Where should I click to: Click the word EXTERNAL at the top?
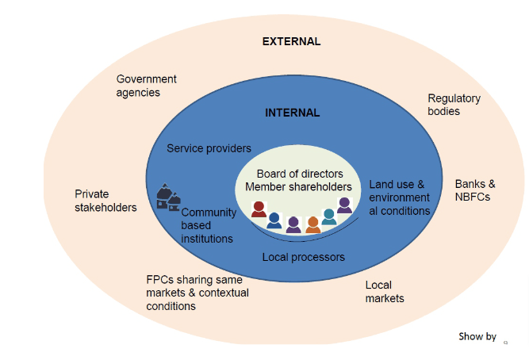291,41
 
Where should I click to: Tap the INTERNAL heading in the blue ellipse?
292,113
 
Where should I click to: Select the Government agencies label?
146,86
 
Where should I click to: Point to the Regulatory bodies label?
454,105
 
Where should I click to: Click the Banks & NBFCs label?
475,190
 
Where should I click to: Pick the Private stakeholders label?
105,201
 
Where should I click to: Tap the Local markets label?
384,292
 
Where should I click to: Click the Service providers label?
209,148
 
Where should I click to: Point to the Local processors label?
304,257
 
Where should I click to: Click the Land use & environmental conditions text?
399,197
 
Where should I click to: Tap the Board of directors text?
300,174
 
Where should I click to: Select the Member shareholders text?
298,187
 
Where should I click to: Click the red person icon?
259,209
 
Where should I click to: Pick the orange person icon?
312,225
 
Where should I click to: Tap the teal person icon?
328,217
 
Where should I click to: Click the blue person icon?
274,220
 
